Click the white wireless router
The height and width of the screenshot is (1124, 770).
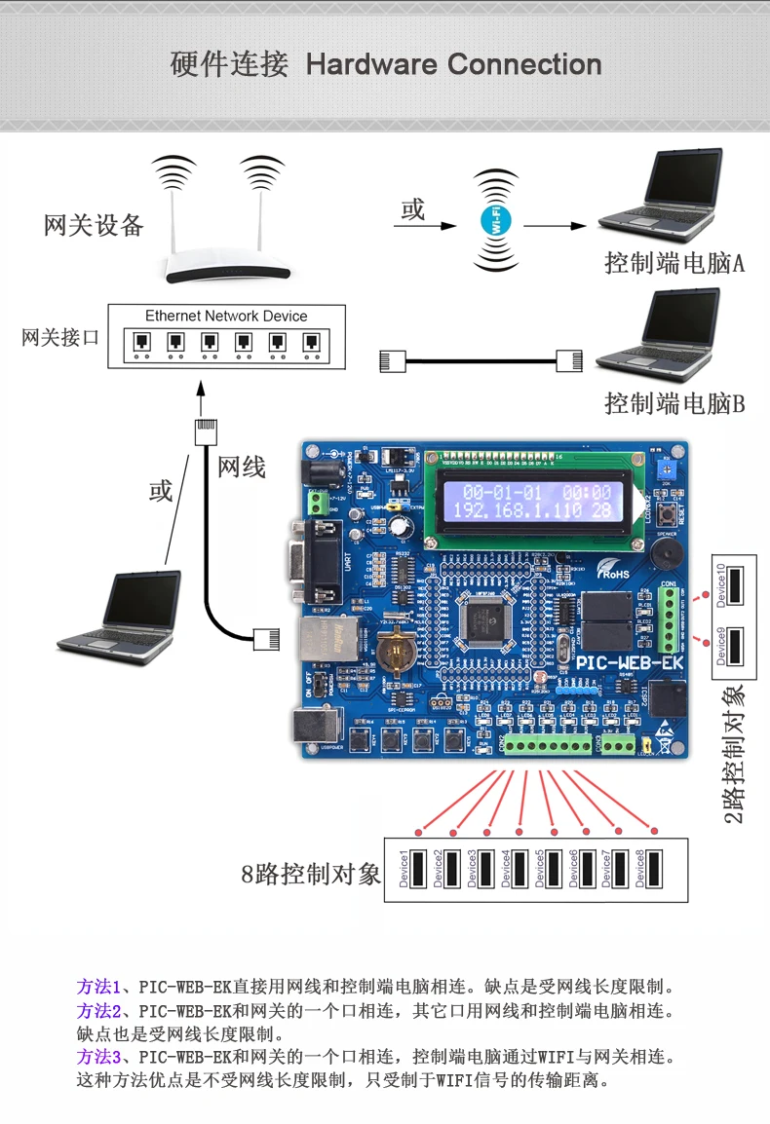(229, 263)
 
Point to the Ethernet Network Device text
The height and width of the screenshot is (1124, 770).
(226, 317)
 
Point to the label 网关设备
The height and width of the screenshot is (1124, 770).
(94, 226)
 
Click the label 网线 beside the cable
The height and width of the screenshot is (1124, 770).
(242, 468)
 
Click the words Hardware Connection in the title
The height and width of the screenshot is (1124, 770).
(453, 65)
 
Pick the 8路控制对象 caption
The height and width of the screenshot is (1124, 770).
(311, 874)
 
